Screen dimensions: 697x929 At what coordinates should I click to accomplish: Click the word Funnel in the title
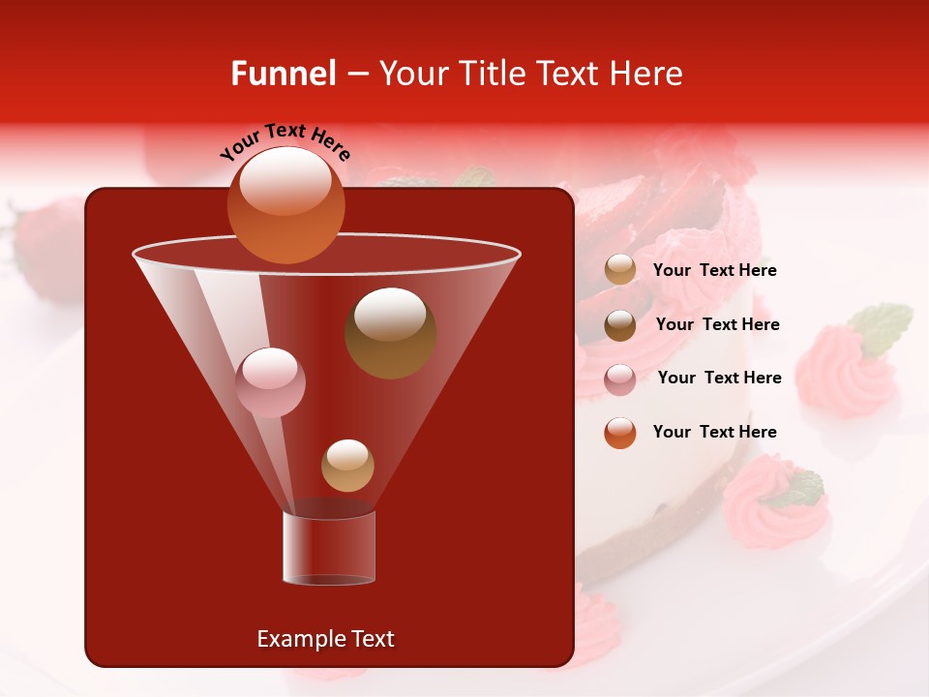click(283, 74)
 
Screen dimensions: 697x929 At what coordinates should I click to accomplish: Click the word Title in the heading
click(491, 74)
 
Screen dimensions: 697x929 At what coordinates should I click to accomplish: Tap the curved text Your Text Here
click(285, 140)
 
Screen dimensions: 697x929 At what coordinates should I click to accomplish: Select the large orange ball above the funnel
click(285, 204)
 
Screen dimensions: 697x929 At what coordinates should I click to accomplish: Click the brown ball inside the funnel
click(390, 333)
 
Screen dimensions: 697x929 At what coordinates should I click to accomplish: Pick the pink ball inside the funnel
click(270, 382)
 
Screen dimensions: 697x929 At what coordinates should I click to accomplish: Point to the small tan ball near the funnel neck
click(347, 465)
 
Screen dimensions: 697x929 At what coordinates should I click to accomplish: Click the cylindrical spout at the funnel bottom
click(328, 549)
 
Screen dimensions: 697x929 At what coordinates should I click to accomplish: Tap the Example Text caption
click(325, 639)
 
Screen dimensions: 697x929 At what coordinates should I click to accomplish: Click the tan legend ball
click(620, 270)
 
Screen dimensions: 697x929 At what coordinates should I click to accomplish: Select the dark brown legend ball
click(620, 324)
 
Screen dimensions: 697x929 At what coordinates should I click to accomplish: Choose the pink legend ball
click(620, 379)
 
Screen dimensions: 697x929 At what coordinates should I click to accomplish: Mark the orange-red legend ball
click(620, 433)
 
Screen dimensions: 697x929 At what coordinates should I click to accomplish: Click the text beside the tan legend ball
click(714, 271)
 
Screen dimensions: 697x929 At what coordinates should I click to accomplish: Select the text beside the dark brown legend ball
click(717, 325)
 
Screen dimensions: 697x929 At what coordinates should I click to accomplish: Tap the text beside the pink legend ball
click(719, 379)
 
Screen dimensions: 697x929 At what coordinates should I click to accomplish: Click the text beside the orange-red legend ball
click(714, 433)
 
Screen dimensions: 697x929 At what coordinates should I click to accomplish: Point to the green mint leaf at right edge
click(882, 326)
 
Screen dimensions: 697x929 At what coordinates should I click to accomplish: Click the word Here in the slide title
click(647, 74)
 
